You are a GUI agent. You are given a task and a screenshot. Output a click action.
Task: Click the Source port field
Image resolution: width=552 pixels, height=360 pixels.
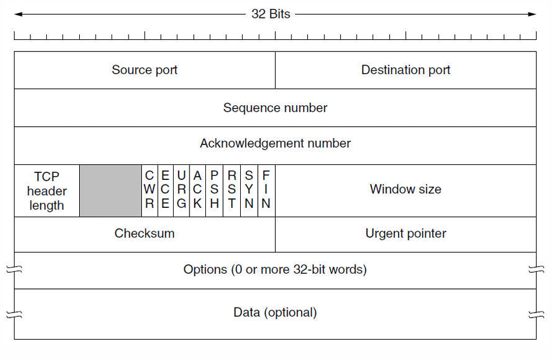(144, 70)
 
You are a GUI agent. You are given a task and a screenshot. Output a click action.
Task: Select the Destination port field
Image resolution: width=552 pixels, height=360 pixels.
(406, 70)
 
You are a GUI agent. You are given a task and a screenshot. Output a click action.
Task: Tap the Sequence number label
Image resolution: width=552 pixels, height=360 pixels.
(275, 108)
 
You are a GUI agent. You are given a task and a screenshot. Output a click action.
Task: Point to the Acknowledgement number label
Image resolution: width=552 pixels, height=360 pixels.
(275, 144)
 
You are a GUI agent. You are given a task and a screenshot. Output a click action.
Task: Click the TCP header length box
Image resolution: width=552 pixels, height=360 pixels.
(47, 191)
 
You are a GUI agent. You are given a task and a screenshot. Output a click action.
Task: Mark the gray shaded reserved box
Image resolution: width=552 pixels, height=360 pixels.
(111, 191)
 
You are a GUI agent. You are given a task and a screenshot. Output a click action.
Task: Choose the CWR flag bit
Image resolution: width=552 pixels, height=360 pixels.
(150, 190)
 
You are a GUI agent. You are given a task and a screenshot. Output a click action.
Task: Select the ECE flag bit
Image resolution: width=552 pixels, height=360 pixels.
(165, 190)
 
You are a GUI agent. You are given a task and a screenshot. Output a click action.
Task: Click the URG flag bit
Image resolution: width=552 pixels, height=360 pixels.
(182, 190)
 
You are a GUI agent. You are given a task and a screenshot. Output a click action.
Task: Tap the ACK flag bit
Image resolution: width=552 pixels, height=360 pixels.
(198, 190)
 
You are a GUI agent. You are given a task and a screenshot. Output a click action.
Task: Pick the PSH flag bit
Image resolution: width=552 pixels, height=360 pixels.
(215, 190)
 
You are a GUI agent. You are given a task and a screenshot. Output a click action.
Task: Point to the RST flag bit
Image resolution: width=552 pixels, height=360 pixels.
(232, 190)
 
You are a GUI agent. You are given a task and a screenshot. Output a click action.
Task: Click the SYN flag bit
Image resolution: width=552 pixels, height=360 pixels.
(249, 190)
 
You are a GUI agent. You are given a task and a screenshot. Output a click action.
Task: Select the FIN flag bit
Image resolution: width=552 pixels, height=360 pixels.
(266, 190)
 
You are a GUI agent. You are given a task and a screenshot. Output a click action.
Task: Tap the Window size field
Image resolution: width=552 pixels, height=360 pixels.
(406, 190)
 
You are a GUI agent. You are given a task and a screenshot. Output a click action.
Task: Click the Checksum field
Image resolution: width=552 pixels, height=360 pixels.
(144, 234)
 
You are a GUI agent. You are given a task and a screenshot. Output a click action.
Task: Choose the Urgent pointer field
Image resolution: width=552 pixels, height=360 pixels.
(406, 234)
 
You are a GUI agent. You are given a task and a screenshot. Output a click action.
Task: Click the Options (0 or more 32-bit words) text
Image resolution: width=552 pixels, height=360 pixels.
(275, 270)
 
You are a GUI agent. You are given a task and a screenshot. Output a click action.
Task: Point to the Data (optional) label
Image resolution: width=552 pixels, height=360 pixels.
(275, 312)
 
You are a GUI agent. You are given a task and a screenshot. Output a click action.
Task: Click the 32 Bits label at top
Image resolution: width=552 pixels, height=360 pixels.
(271, 14)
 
